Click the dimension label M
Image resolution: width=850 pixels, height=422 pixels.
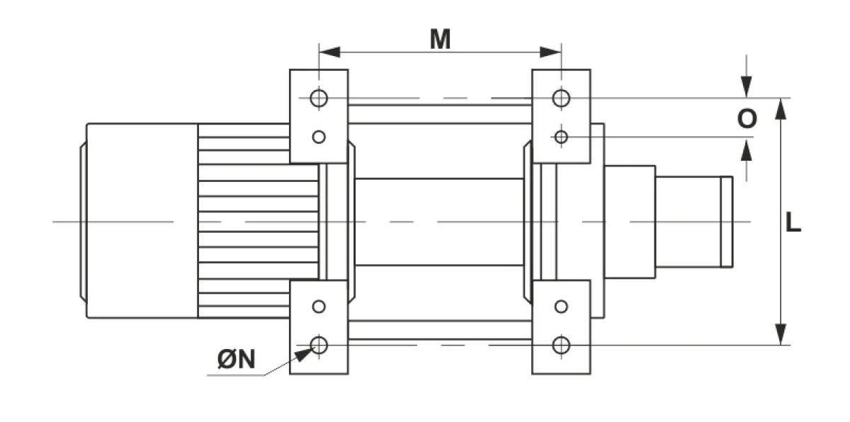440,39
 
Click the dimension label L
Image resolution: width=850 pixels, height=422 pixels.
793,222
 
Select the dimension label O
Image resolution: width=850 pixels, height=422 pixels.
747,118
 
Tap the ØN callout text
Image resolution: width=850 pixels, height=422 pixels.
237,359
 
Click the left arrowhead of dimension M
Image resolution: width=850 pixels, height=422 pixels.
329,52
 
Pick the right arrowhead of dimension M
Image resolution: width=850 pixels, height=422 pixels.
550,52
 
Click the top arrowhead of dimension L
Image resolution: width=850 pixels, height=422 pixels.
780,109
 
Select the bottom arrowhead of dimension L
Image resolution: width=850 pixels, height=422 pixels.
780,334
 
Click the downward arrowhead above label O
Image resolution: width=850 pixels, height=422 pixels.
747,87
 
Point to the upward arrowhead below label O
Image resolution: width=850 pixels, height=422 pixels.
747,150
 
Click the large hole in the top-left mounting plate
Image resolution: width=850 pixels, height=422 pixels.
319,98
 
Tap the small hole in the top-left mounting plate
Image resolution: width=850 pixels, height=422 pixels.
319,137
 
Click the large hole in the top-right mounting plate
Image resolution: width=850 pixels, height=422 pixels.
561,98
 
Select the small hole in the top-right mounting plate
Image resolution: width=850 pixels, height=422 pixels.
561,137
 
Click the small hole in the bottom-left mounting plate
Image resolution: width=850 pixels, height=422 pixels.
319,307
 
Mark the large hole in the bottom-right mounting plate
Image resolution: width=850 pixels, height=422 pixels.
561,345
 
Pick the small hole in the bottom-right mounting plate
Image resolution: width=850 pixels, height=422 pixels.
561,307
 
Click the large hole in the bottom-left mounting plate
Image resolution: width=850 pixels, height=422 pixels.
319,345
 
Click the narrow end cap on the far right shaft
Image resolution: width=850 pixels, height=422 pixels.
727,222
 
